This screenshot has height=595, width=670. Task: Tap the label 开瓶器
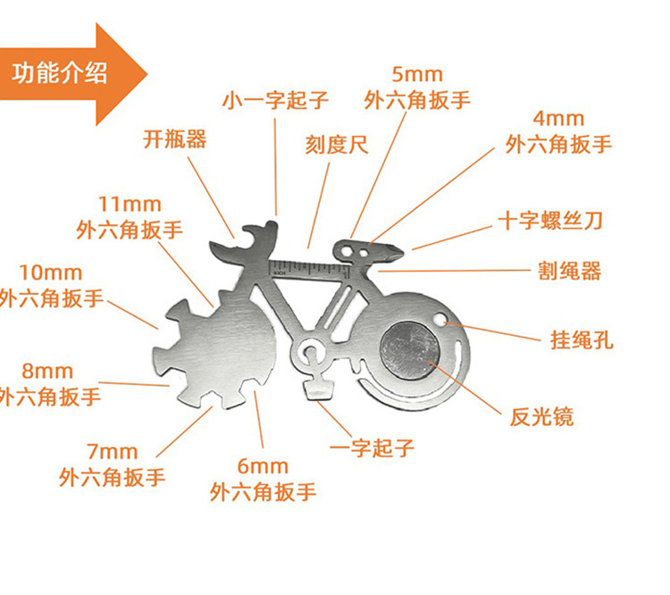(175, 139)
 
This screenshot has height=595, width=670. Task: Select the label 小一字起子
(276, 99)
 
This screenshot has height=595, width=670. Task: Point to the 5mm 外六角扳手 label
(417, 88)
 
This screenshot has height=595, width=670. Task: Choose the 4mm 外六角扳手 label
(558, 131)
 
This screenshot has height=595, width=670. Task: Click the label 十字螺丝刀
(561, 221)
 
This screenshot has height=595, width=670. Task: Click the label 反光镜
(541, 415)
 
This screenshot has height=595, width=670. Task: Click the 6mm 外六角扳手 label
(264, 479)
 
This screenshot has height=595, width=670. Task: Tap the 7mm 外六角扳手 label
(113, 465)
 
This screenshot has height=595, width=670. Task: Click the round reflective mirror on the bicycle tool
(409, 348)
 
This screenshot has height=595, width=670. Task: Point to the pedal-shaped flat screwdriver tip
(318, 389)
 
